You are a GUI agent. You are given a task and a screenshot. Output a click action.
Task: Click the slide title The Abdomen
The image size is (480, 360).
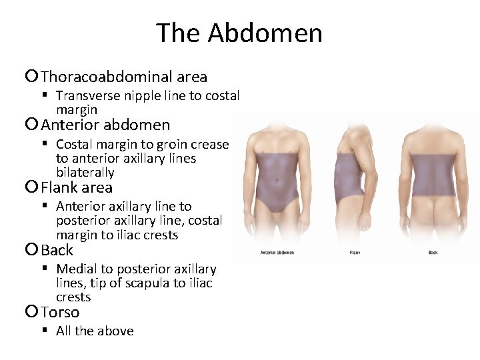239,33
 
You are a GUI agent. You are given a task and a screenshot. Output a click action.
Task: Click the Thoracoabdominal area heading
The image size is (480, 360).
124,77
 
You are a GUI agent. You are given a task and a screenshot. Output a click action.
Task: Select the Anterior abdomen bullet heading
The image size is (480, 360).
105,125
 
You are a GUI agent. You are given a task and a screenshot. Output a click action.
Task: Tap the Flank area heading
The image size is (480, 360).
77,188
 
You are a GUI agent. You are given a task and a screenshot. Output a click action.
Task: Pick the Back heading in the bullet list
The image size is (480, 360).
57,251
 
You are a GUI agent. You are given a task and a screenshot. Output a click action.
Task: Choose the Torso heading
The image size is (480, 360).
60,313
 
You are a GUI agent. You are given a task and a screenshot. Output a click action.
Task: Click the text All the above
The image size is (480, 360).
95,331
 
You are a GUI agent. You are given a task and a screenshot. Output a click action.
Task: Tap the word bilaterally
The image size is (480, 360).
85,173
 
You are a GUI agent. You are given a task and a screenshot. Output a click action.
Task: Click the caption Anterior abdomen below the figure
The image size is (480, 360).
277,253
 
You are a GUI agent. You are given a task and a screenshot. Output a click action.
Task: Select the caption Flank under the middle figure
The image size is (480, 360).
355,253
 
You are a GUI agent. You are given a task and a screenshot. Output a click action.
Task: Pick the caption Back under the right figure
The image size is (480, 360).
433,253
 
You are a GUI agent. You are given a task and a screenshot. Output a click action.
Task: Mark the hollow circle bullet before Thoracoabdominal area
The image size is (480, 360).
33,77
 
